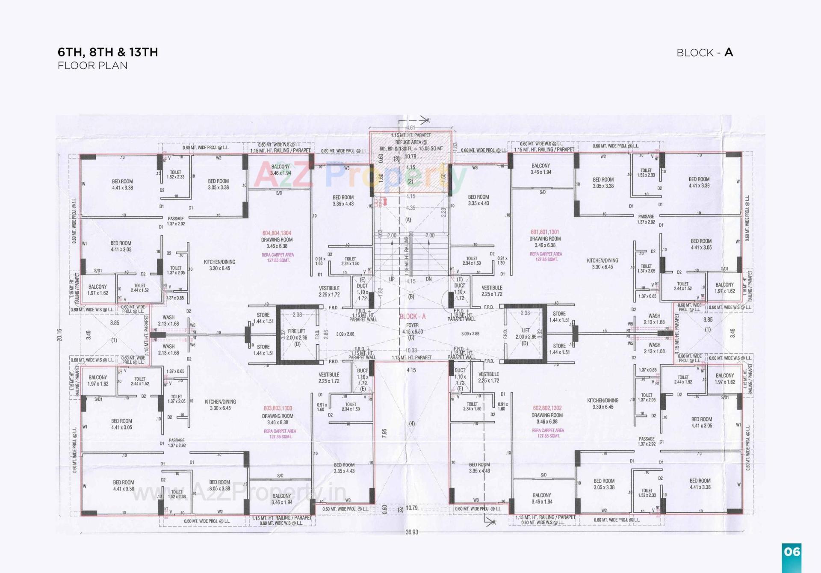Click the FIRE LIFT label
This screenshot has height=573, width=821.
(297, 331)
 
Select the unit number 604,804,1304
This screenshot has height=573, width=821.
(277, 233)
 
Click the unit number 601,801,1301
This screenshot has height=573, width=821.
(545, 232)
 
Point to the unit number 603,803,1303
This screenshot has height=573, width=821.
(278, 408)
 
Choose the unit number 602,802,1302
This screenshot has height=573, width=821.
(547, 408)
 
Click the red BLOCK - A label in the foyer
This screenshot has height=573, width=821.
(412, 316)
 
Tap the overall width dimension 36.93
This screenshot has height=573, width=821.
(411, 532)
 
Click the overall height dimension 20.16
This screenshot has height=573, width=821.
(59, 335)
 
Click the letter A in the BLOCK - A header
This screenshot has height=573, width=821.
(729, 53)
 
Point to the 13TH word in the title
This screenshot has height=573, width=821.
(144, 52)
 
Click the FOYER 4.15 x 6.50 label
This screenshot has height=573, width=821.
(412, 328)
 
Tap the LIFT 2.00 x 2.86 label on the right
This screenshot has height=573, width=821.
(526, 334)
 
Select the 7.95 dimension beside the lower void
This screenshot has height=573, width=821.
(384, 433)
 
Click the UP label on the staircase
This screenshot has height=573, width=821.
(392, 279)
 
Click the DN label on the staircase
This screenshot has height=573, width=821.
(428, 279)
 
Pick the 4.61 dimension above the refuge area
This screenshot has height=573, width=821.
(410, 127)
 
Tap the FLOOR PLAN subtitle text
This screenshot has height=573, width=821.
(92, 65)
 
